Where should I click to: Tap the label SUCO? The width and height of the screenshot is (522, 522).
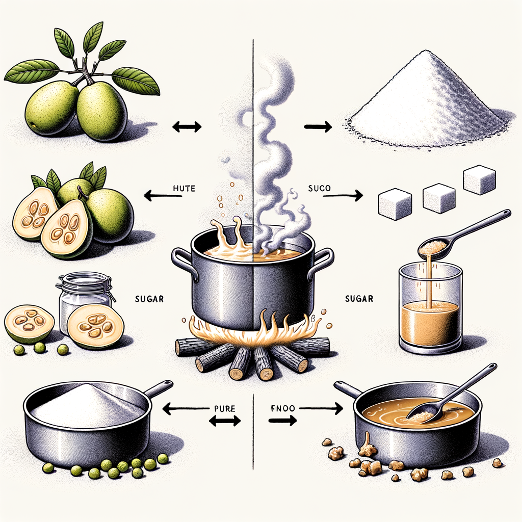tap(320, 189)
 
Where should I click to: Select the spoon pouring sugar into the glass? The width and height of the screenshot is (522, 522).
tap(459, 232)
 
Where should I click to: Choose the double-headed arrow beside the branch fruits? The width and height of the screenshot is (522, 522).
tap(187, 126)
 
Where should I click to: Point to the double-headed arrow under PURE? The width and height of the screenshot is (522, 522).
tap(225, 421)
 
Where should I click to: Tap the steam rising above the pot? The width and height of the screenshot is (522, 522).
tap(275, 153)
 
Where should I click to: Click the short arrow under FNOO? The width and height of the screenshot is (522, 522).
tap(282, 421)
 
